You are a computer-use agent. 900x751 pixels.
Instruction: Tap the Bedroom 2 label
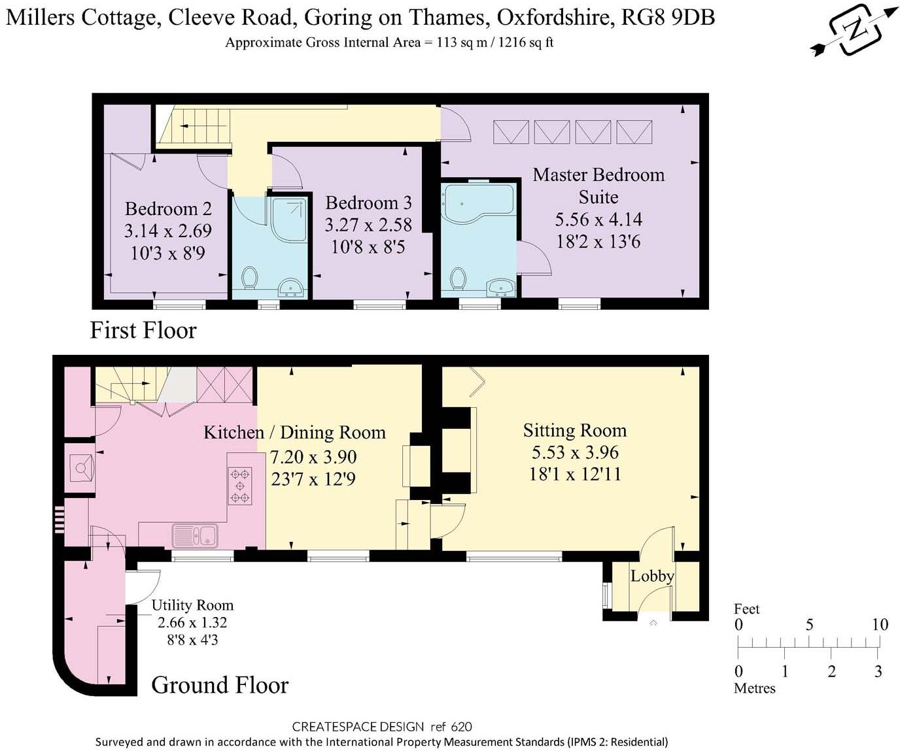168,209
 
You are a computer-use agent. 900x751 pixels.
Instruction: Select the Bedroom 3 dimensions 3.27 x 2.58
368,225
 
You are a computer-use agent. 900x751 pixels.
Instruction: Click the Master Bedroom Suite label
598,186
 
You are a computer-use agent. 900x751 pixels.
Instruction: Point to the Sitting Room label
574,431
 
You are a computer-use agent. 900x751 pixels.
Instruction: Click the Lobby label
652,576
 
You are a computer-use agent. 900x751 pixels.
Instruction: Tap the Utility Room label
192,605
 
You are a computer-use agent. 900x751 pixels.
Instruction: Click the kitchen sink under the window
195,535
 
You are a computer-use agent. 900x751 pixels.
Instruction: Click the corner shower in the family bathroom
288,220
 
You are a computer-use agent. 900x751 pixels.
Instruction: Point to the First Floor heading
143,331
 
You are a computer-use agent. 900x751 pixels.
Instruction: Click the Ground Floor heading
220,685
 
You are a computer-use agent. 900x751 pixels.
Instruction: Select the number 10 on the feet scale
880,625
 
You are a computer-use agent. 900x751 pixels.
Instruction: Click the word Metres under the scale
754,688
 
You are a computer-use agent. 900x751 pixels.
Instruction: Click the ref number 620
461,727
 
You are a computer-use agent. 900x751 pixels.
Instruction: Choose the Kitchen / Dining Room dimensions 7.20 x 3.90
313,457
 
